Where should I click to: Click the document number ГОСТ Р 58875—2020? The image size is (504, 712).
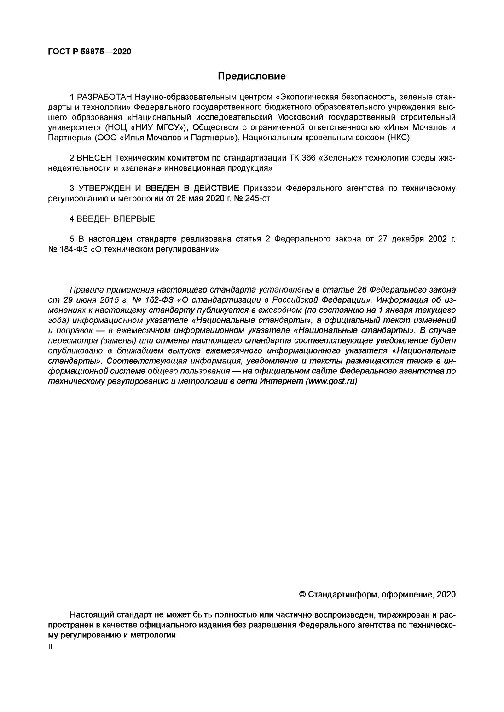pos(89,52)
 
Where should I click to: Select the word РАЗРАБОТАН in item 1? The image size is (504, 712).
pos(104,98)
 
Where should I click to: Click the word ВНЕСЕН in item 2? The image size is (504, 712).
pos(94,158)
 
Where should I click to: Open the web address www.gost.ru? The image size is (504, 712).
pos(331,381)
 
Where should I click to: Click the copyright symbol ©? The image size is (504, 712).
pos(302,594)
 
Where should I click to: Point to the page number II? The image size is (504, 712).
pos(50,647)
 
